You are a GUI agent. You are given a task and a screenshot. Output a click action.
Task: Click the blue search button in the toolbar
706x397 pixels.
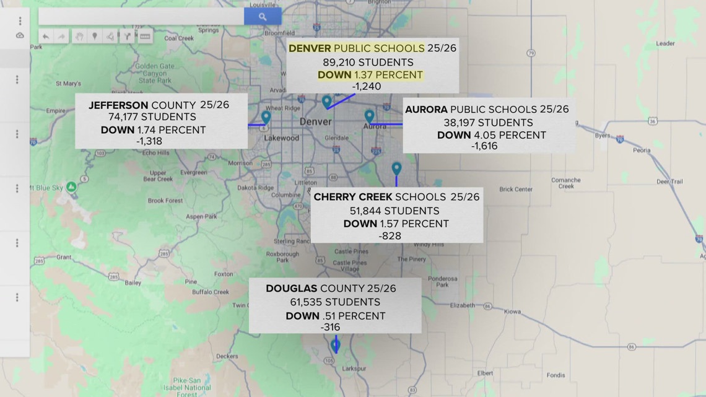click(263, 17)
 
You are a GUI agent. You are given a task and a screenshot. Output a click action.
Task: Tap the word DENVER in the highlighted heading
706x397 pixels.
click(310, 48)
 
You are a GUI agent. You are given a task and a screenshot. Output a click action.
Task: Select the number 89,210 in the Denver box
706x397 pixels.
click(342, 62)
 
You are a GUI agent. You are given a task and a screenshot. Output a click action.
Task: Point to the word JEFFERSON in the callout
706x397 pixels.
click(118, 105)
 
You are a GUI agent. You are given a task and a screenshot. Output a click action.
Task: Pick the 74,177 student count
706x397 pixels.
click(125, 116)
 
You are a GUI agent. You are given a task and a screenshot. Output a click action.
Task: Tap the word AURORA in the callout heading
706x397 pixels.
click(427, 109)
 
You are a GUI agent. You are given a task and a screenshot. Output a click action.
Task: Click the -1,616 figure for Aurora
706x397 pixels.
click(484, 146)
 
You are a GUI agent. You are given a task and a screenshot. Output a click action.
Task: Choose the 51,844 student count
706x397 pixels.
click(370, 211)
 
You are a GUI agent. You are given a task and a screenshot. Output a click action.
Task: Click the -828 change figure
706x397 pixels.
click(391, 235)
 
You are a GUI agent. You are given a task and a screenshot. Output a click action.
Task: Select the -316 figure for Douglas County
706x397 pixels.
click(330, 327)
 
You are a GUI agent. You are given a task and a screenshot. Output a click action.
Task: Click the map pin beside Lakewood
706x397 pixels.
click(266, 117)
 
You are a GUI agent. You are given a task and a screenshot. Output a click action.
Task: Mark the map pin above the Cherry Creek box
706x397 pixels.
click(396, 168)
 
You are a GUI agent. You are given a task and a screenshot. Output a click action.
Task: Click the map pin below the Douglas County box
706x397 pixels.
click(336, 344)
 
